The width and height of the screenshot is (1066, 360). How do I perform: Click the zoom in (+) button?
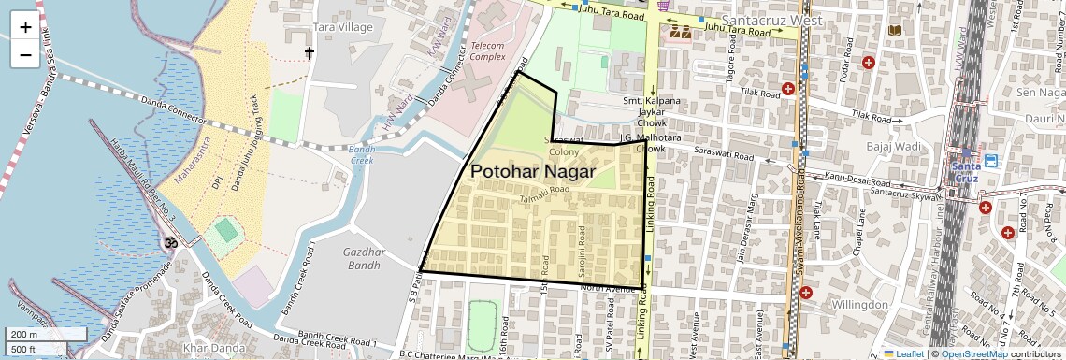click(25, 27)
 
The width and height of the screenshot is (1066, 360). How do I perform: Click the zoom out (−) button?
click(25, 54)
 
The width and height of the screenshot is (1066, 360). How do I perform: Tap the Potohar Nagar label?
click(533, 172)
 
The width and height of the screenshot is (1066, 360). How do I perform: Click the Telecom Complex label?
click(487, 50)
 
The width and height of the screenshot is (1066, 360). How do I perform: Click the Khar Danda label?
click(209, 348)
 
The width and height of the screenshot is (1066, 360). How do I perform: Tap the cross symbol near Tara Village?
click(310, 53)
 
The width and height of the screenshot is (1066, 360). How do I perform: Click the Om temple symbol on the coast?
click(170, 243)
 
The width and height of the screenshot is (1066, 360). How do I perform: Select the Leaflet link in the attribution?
click(904, 353)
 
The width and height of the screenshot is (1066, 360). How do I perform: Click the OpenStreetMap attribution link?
click(973, 353)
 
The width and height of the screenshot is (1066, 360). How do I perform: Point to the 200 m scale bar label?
click(24, 335)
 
